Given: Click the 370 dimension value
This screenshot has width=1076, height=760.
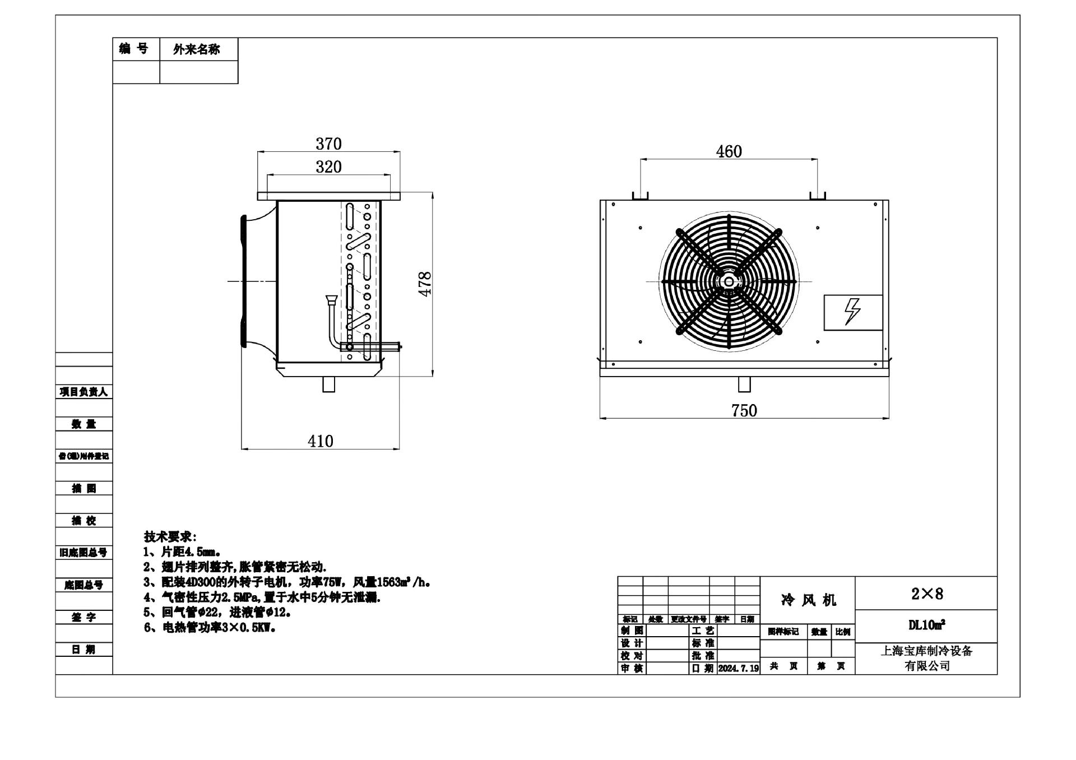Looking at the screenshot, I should tap(328, 144).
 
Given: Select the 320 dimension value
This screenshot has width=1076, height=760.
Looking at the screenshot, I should tap(328, 167).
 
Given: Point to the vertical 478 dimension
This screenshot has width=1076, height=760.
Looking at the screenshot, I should tap(425, 284).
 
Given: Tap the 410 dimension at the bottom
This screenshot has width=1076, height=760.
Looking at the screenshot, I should tap(321, 441).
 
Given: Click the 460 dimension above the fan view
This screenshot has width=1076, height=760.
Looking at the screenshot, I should tap(729, 151).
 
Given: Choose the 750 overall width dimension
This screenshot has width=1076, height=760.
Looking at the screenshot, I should tap(744, 411).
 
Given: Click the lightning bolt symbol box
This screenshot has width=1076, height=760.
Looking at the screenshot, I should tap(852, 312).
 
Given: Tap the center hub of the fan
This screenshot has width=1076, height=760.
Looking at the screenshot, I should tap(729, 281).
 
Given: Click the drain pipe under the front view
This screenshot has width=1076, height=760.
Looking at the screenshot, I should tap(744, 384).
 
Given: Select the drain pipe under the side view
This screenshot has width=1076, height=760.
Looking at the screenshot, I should tap(329, 384).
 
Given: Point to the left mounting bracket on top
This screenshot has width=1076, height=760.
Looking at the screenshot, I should tap(640, 195).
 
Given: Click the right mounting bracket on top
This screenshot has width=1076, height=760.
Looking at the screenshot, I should tap(818, 195).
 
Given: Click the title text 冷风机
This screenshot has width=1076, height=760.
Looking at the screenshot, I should tap(808, 600).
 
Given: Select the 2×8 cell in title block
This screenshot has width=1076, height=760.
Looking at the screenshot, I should tap(926, 594).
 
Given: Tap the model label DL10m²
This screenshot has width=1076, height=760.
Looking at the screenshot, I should tap(926, 625).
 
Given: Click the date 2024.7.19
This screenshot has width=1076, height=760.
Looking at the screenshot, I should tap(738, 669).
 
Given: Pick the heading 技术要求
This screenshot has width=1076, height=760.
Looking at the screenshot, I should tap(170, 536).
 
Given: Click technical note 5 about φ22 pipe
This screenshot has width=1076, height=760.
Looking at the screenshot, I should tap(217, 612).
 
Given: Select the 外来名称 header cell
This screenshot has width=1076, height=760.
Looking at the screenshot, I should tap(197, 49).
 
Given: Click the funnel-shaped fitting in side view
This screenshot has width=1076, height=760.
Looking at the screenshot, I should tap(330, 300).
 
